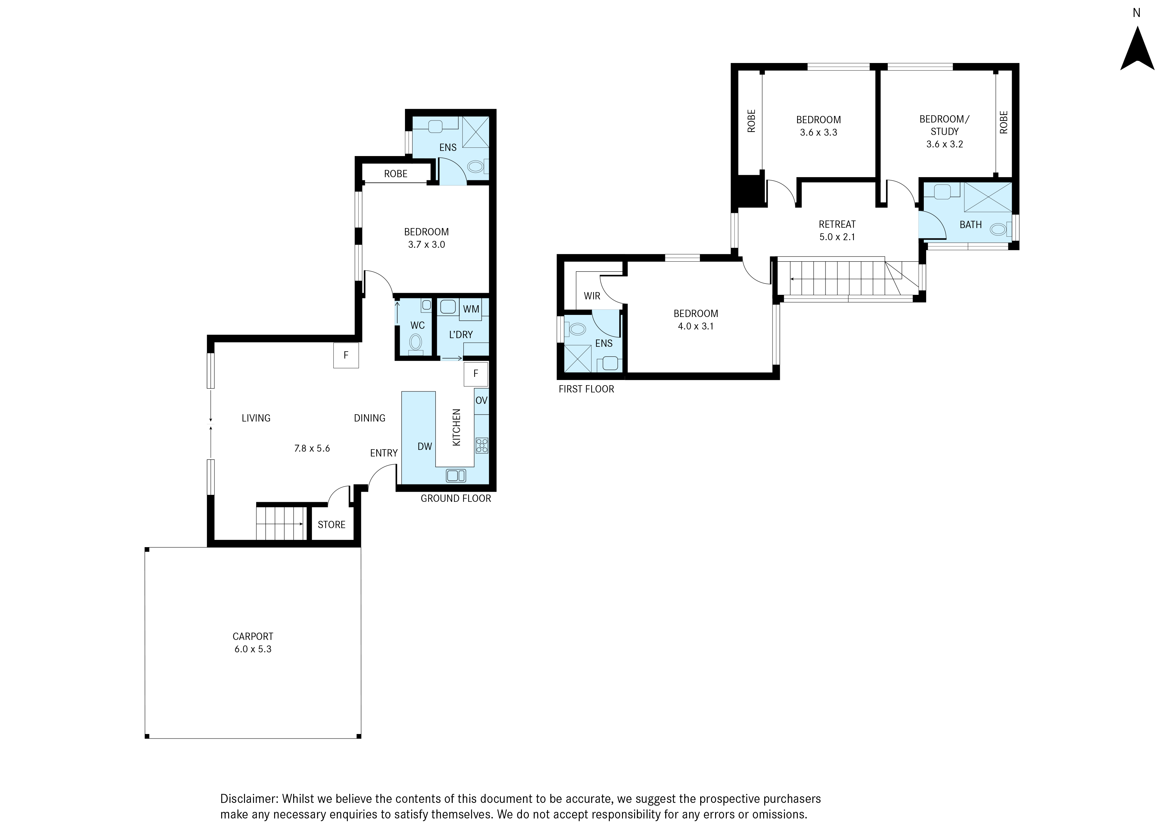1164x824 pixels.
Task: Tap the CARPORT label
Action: [x=253, y=636]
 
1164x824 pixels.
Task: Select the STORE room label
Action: [x=331, y=525]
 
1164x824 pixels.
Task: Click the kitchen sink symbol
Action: [x=455, y=476]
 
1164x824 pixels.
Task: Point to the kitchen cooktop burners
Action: [x=481, y=445]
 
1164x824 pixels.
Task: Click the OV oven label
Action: [x=481, y=400]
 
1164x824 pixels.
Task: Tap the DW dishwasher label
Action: [x=425, y=446]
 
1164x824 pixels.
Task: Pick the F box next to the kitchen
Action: [x=476, y=374]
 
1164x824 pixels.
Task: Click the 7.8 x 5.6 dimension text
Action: [x=312, y=449]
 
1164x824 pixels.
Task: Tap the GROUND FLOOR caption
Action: [x=455, y=499]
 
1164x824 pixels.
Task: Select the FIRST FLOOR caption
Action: [x=586, y=389]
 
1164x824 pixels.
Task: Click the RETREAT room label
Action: [x=837, y=224]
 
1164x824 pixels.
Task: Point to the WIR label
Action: [x=592, y=296]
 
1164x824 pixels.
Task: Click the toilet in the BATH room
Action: [x=1000, y=229]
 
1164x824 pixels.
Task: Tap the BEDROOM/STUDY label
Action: [x=944, y=125]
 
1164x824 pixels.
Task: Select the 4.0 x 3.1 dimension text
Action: [x=696, y=326]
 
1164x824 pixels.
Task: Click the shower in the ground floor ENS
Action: [x=476, y=132]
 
